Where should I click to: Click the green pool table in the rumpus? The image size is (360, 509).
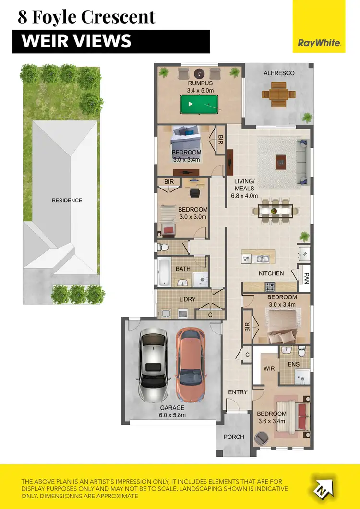(196, 104)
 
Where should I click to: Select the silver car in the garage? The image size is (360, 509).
(153, 365)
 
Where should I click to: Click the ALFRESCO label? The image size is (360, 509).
(279, 73)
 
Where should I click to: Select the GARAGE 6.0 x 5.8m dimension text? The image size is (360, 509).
(172, 412)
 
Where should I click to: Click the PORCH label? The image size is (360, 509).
(234, 437)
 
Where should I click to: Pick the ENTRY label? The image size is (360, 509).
(238, 392)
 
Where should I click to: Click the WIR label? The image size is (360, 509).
(268, 368)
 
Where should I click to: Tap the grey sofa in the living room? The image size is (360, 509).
(302, 162)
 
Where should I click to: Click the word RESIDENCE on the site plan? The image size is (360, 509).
(67, 201)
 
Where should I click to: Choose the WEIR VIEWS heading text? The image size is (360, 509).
(77, 41)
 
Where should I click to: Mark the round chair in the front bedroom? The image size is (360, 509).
(263, 438)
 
